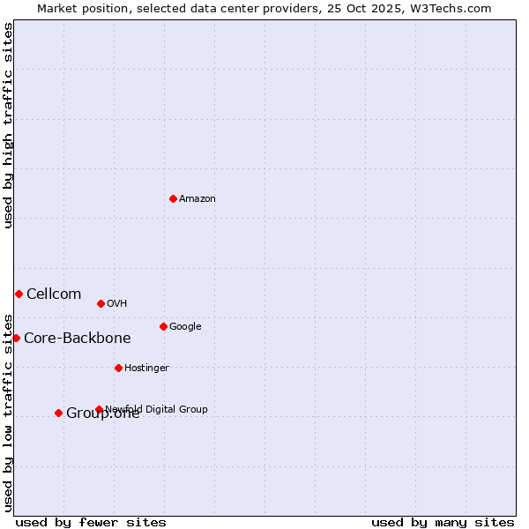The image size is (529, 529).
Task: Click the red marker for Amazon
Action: (173, 198)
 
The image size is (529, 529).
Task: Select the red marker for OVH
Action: (101, 303)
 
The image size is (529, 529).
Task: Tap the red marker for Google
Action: (163, 326)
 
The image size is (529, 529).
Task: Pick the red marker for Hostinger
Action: (118, 368)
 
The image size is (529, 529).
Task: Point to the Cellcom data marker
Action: (19, 294)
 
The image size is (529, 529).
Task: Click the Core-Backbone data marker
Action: (16, 338)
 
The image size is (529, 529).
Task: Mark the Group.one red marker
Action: (58, 413)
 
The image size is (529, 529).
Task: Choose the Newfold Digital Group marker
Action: (99, 409)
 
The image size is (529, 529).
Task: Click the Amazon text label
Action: (197, 198)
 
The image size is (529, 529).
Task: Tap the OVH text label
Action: (117, 303)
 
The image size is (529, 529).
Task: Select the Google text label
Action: (185, 326)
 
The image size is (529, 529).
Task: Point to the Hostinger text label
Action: (146, 368)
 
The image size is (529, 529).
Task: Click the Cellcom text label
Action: (54, 294)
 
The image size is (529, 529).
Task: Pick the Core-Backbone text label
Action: (78, 338)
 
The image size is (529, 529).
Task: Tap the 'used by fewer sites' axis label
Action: (91, 522)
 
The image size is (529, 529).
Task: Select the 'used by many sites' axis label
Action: (443, 522)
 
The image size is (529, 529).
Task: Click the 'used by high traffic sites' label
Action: (9, 125)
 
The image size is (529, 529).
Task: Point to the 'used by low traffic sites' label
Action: (9, 413)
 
